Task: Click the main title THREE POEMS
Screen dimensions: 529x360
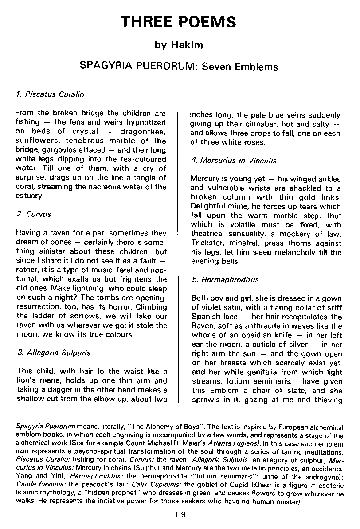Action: pos(180,22)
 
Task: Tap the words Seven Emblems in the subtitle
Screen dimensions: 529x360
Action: pos(240,67)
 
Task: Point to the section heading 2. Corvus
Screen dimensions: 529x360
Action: pos(34,214)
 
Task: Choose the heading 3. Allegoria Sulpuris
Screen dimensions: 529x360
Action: pos(53,353)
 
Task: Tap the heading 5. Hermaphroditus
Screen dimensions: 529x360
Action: pos(225,280)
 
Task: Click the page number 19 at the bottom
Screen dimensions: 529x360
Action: pos(180,515)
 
